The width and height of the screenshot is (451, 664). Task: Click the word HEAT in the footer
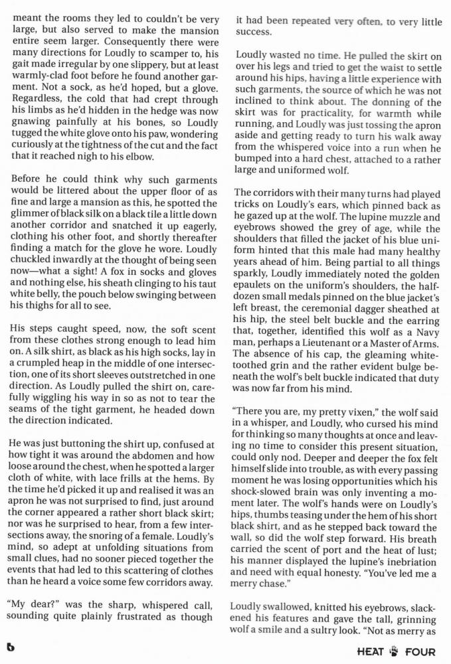point(370,651)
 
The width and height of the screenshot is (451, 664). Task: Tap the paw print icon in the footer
point(397,651)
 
